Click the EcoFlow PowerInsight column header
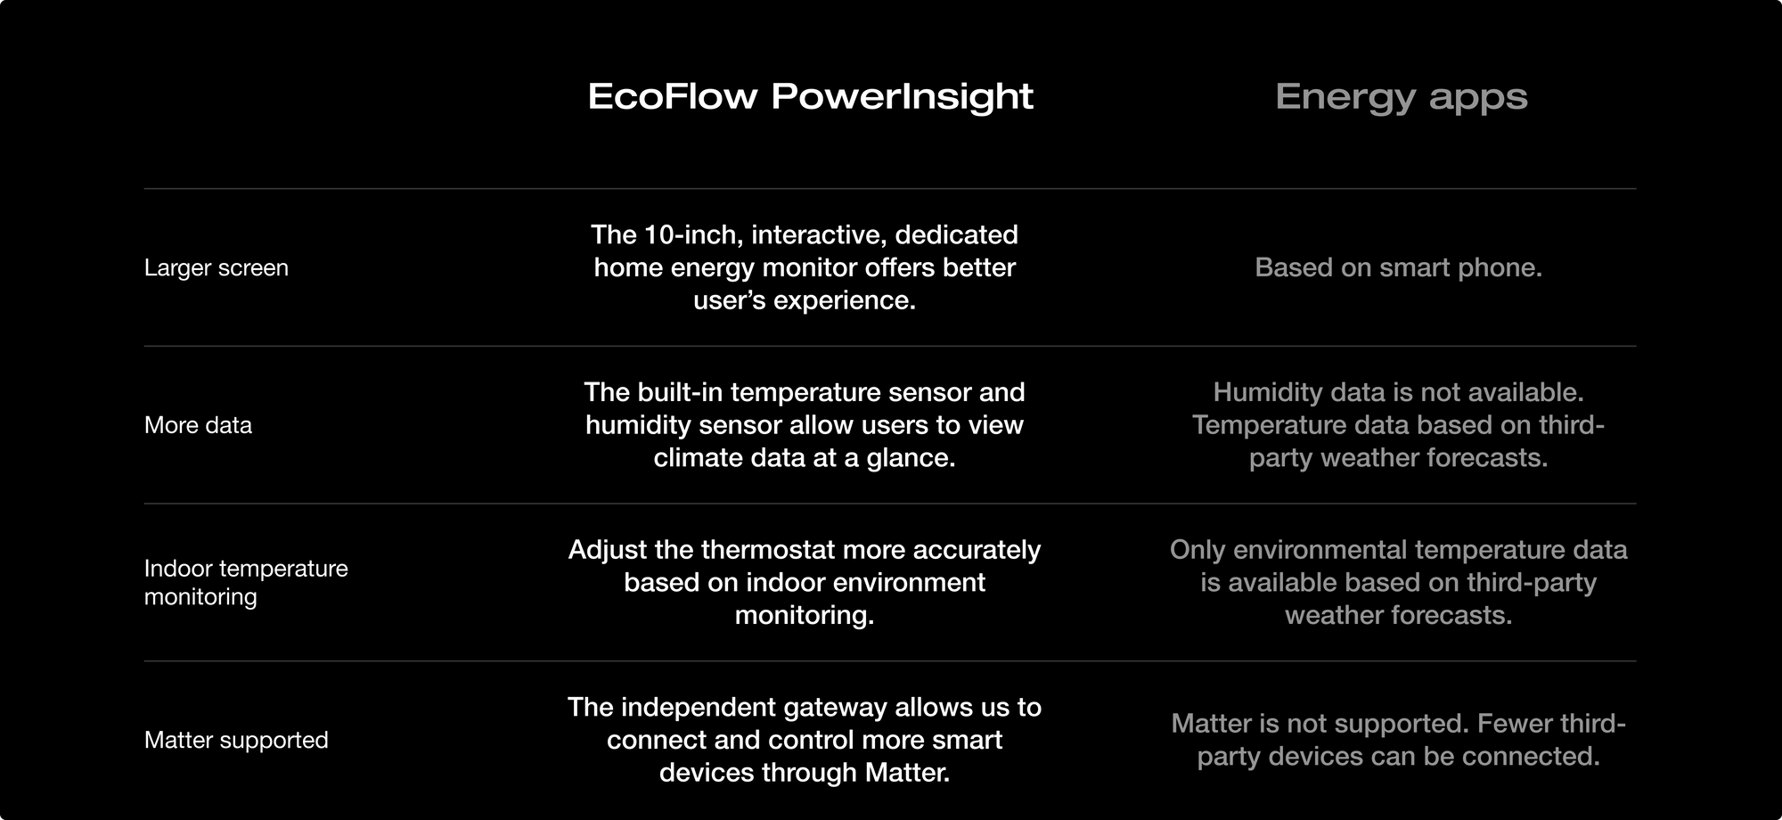click(810, 96)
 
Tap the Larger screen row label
click(217, 267)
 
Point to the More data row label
click(198, 425)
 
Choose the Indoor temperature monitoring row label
click(246, 582)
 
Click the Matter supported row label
click(236, 740)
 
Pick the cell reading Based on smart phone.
click(1398, 267)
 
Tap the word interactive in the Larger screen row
click(819, 235)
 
